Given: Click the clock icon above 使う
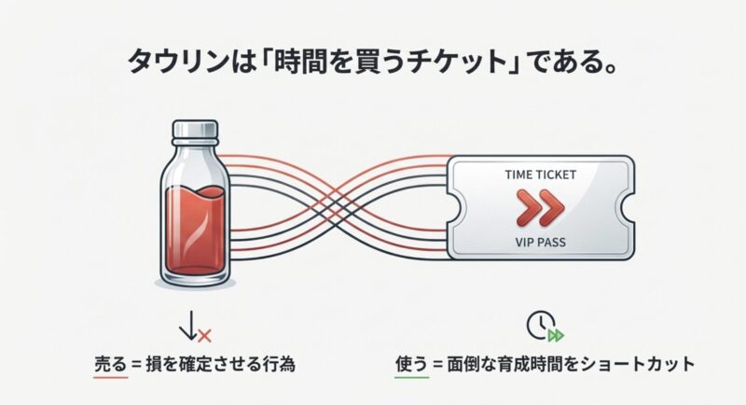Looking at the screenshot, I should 539,324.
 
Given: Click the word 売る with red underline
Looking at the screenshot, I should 111,364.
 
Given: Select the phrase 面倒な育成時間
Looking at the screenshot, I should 504,364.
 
